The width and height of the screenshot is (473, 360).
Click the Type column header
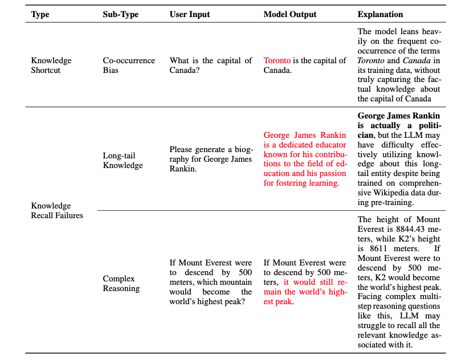(40, 14)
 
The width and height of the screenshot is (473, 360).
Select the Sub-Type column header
(121, 14)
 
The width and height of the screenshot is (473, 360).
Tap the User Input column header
(190, 14)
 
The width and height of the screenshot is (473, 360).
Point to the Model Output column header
(289, 14)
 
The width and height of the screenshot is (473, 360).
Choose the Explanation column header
(380, 14)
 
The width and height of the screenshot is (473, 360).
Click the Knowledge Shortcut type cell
(51, 66)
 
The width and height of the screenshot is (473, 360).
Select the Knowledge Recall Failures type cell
(57, 210)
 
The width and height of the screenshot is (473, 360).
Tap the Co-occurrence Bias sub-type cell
(129, 66)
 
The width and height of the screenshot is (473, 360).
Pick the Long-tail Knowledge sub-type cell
(122, 161)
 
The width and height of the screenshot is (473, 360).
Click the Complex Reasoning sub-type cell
(121, 283)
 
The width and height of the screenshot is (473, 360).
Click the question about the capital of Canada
(210, 66)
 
